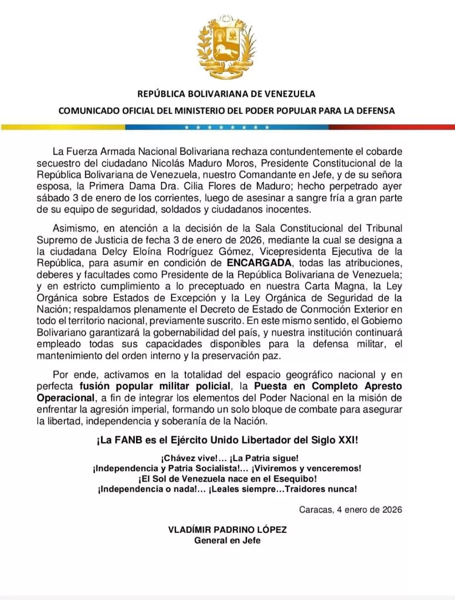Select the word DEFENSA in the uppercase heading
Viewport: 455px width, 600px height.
point(373,111)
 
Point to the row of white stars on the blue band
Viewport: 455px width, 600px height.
point(227,127)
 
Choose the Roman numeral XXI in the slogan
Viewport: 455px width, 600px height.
point(346,441)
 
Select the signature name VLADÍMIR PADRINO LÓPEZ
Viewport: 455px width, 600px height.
point(228,530)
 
